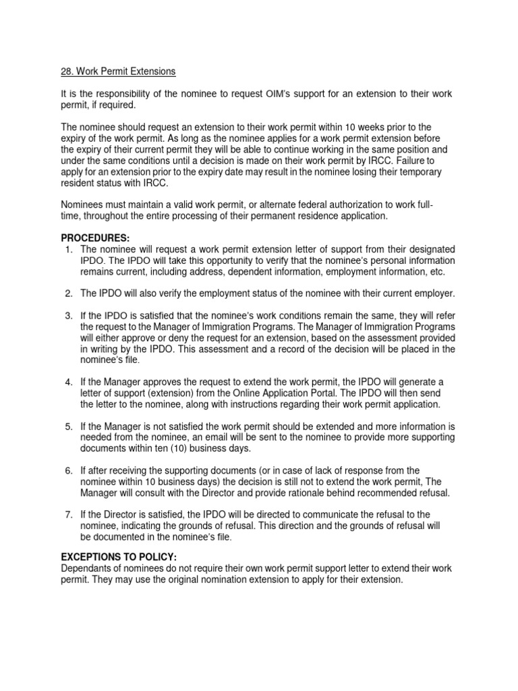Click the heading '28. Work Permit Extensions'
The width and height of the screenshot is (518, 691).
pos(118,72)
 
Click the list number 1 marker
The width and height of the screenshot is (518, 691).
pos(68,249)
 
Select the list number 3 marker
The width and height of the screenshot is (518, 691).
pos(68,316)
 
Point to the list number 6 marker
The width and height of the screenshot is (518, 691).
pos(68,470)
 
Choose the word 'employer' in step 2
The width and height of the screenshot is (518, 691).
pos(435,294)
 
